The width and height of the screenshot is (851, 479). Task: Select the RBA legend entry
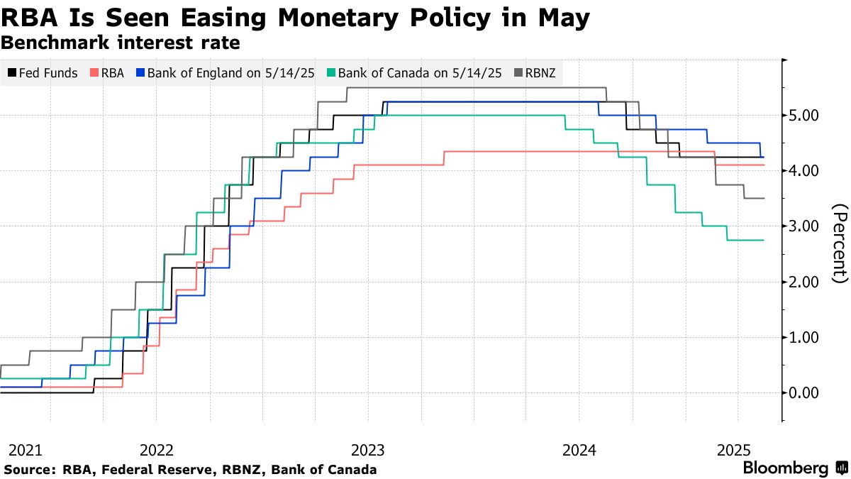107,73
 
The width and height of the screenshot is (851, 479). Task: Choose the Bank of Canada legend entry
416,73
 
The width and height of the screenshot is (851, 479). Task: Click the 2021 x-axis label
25,450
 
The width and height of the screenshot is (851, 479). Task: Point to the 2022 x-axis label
157,450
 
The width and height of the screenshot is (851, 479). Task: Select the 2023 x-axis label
367,450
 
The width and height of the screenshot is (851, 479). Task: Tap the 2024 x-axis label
578,450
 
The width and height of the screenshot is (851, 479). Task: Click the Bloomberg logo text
785,468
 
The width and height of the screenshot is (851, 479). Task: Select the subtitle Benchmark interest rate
121,43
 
